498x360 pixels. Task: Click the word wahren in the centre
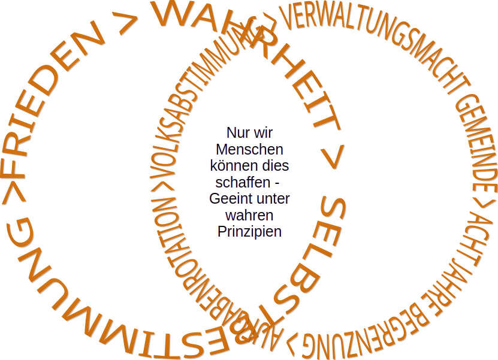[x=250, y=214]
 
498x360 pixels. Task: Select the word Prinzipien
[x=250, y=231]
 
